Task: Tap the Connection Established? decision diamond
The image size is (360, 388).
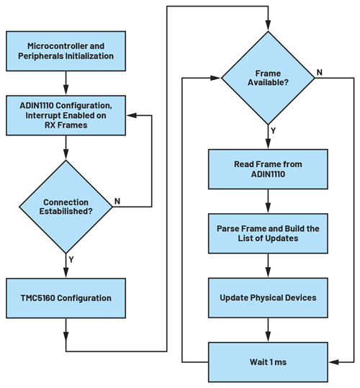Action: click(66, 206)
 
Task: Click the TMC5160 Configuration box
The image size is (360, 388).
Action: click(66, 297)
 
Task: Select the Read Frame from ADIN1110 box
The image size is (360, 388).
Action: click(268, 170)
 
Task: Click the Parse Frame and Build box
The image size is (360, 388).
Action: click(268, 233)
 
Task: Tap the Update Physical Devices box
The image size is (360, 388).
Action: click(268, 297)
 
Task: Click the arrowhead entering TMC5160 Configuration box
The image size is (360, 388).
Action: click(66, 274)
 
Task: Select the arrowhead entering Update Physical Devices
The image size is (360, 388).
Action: click(268, 275)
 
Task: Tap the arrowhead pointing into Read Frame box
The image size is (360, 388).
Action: click(268, 147)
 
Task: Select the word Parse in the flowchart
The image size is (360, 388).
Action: click(231, 227)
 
